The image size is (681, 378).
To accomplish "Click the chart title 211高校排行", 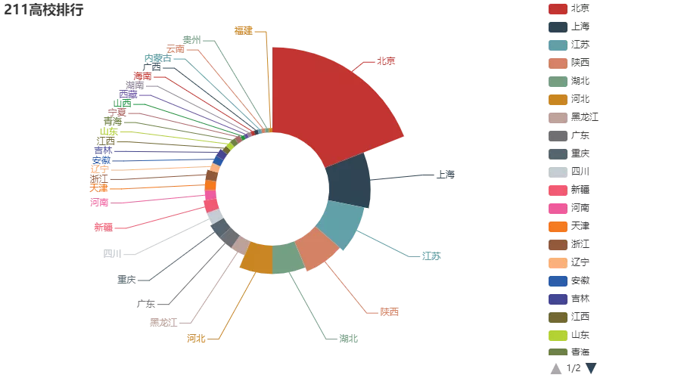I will (43, 10).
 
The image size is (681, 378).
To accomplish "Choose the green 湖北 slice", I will (288, 258).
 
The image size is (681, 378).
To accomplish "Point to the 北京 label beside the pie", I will (386, 60).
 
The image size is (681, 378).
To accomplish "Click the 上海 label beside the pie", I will (446, 175).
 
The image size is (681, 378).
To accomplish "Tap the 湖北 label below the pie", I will (348, 338).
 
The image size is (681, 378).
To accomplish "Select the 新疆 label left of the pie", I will (103, 227).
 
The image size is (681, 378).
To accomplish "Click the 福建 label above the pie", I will (243, 30).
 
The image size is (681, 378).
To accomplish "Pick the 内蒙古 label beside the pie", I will (157, 58).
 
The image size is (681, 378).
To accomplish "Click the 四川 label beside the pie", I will (112, 254).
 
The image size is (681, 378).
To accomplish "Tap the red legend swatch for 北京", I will (558, 8).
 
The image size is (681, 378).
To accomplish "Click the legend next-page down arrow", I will (591, 368).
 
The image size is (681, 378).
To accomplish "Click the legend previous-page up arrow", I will (556, 368).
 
